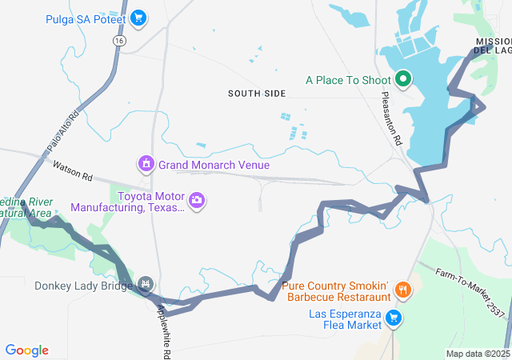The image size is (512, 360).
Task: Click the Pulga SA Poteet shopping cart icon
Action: point(138,18)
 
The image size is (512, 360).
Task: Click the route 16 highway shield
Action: point(118,40)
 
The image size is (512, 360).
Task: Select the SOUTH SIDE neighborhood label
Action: point(256,94)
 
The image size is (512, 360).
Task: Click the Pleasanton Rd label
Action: point(391,118)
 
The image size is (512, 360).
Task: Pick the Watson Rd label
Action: point(73,170)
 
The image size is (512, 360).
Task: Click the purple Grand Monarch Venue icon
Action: point(146,165)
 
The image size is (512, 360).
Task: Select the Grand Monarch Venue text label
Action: point(214,165)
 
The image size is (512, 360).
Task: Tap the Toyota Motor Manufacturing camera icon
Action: point(197,199)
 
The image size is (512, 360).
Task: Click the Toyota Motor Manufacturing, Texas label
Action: point(127,202)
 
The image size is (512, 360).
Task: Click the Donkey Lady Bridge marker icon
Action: point(145,284)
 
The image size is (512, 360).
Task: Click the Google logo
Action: point(27,350)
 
